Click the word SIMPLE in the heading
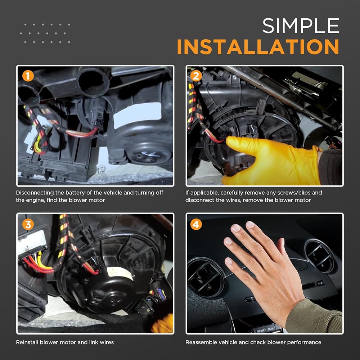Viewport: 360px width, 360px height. pos(301,26)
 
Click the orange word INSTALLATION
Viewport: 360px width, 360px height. pos(258,47)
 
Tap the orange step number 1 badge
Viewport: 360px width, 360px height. pos(28,76)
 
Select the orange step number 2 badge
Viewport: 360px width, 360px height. pos(196,76)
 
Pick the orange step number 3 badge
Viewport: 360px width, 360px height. pos(28,224)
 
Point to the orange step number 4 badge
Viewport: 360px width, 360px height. pos(196,224)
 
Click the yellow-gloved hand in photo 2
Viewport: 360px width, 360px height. pos(271,161)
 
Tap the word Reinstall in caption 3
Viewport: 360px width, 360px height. pos(27,342)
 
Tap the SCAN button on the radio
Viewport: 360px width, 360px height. pos(271,329)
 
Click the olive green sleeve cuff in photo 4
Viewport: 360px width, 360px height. pos(315,317)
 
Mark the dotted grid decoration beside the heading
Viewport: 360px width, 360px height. pos(45,33)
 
